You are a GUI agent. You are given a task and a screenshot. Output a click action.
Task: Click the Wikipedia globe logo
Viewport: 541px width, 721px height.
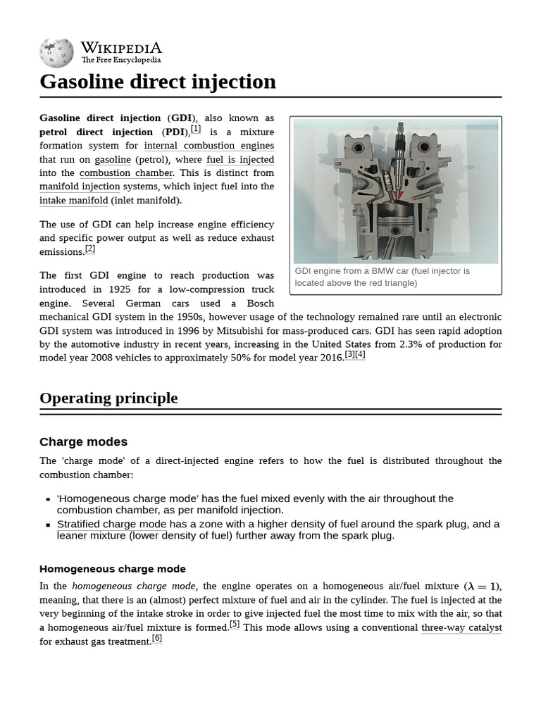pyautogui.click(x=56, y=53)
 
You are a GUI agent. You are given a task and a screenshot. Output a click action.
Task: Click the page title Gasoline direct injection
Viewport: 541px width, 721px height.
pyautogui.click(x=158, y=82)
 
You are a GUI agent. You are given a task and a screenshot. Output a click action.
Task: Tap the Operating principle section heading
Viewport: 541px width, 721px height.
pyautogui.click(x=108, y=398)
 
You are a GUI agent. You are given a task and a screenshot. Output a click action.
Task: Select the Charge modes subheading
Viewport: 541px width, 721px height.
pyautogui.click(x=83, y=441)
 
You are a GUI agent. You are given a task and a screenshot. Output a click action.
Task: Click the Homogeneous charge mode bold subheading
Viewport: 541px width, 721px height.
pyautogui.click(x=113, y=569)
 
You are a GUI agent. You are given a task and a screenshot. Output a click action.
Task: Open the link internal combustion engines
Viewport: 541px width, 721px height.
pyautogui.click(x=209, y=146)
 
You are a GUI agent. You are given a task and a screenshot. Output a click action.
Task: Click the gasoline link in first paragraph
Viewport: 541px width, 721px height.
pyautogui.click(x=113, y=159)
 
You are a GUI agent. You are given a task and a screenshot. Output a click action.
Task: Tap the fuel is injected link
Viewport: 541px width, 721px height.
pyautogui.click(x=240, y=159)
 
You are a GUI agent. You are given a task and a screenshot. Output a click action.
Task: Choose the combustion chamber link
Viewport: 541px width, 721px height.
pyautogui.click(x=126, y=173)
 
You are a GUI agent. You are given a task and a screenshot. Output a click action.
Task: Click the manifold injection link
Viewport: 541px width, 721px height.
pyautogui.click(x=80, y=187)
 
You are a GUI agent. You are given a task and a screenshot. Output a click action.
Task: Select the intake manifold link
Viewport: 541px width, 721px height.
pyautogui.click(x=74, y=201)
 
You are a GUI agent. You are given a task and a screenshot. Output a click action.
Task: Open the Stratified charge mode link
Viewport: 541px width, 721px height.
pyautogui.click(x=111, y=524)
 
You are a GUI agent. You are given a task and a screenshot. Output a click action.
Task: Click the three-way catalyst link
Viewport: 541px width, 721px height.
pyautogui.click(x=461, y=627)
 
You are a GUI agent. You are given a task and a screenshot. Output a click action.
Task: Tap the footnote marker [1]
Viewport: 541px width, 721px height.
pyautogui.click(x=195, y=129)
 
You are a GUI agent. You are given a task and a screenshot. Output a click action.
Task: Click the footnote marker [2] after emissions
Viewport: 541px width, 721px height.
pyautogui.click(x=89, y=249)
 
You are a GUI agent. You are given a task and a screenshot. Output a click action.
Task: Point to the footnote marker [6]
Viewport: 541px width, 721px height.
pyautogui.click(x=156, y=638)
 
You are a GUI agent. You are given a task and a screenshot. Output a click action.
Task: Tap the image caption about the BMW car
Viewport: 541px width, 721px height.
pyautogui.click(x=383, y=277)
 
